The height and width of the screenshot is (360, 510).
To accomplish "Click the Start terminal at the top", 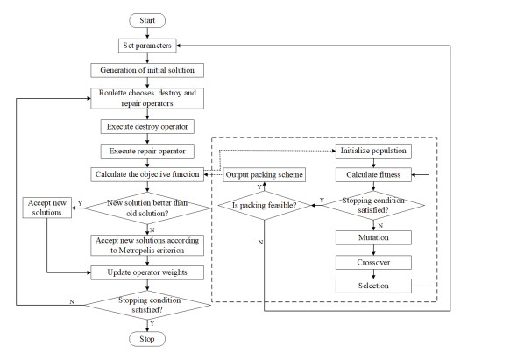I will click(147, 20).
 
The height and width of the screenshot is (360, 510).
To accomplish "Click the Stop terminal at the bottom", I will click(147, 337).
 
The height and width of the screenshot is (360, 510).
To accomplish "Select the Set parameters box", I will click(147, 46).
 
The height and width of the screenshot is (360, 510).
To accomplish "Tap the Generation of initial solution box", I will click(147, 70).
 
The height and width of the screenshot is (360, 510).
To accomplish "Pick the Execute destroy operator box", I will click(147, 125).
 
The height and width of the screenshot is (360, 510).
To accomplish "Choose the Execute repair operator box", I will click(147, 150).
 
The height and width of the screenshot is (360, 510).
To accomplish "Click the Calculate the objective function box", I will click(147, 174).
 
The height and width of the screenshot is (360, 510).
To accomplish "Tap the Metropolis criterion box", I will click(147, 244).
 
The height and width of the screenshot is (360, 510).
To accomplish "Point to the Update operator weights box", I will click(147, 272).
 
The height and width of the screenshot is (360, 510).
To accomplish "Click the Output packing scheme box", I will click(264, 174).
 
